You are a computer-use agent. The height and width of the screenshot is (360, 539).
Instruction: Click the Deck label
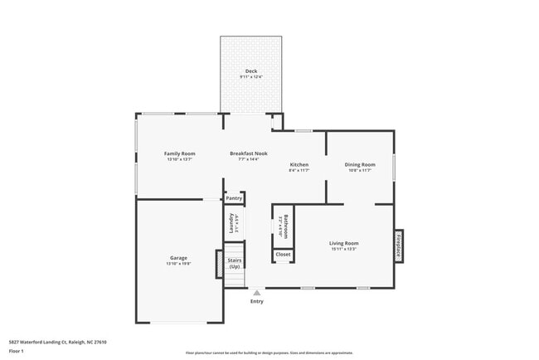tap(250, 71)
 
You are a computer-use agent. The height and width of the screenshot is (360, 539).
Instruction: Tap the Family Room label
tap(179, 153)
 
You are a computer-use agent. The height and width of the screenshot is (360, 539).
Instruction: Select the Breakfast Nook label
tap(249, 153)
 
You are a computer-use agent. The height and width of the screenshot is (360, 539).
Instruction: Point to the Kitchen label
tap(299, 165)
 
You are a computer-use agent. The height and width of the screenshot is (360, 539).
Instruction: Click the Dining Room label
tap(360, 164)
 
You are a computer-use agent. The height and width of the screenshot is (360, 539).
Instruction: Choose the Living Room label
tap(343, 242)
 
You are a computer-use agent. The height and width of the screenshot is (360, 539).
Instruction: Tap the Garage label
tap(179, 258)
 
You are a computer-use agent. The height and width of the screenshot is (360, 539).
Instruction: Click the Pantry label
tap(234, 198)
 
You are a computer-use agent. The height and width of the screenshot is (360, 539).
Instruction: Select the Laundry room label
tap(232, 222)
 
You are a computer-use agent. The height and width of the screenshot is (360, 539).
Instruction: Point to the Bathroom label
tap(285, 226)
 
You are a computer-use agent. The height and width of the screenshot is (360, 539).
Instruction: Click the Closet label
tap(283, 254)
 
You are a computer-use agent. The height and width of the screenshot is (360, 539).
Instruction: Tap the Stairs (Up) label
tap(234, 264)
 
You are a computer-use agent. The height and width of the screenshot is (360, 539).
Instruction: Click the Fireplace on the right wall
tap(398, 246)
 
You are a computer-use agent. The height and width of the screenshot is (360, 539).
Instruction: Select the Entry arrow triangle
tap(257, 292)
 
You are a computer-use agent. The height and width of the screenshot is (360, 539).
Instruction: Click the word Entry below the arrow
tap(257, 301)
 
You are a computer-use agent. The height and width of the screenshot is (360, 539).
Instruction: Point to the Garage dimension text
tap(179, 264)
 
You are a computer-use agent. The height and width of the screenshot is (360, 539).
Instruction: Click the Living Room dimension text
tap(343, 248)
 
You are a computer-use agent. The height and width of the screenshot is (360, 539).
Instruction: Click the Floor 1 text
tap(17, 351)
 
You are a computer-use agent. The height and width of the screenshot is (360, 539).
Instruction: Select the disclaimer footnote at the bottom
tap(269, 353)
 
